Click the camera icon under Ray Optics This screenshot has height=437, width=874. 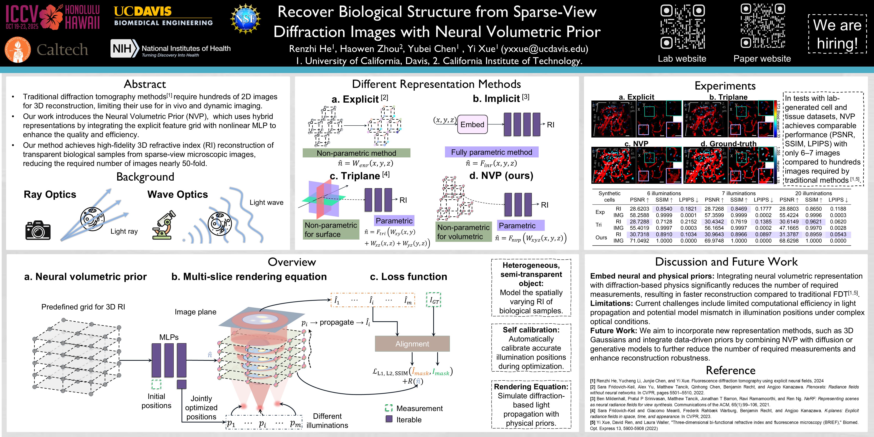[x=38, y=230]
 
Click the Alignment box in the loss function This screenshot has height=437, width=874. [x=412, y=344]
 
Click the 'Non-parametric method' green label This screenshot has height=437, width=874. [x=356, y=153]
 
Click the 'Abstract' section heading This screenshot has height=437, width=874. [x=145, y=84]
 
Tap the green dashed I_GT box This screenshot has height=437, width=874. [x=434, y=300]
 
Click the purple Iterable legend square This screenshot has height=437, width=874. [x=389, y=419]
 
